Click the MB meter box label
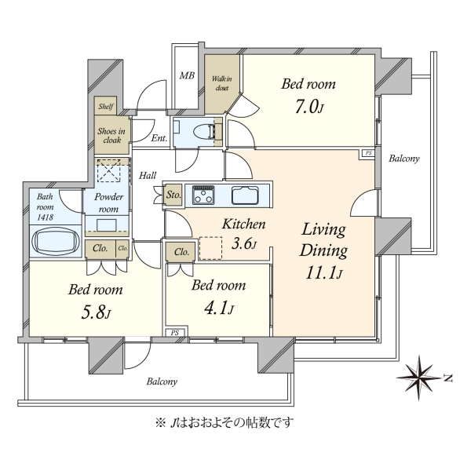187,75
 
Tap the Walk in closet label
221,83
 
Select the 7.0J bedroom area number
309,108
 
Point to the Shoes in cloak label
111,136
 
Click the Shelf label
106,106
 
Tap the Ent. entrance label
159,138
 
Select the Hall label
148,175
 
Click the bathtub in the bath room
55,240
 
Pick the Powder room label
108,203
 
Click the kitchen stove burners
203,195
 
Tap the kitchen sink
245,195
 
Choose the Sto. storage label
173,195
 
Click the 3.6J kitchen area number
244,244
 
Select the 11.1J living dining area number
323,273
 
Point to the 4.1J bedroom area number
219,309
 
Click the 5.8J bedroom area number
96,313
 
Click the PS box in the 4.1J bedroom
175,333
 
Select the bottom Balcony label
162,382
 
